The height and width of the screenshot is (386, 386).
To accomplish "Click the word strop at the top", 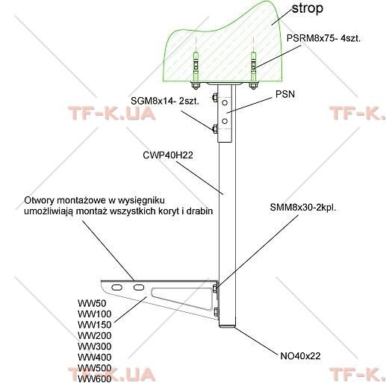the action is tap(308, 9).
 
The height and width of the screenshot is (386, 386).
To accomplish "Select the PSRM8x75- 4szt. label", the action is tap(323, 38).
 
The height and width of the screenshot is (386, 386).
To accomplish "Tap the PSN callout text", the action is tap(285, 94).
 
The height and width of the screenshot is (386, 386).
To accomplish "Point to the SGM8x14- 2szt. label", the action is tap(165, 101).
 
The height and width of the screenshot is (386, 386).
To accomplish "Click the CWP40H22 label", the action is tap(168, 155).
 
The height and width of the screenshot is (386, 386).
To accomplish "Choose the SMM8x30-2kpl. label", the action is tap(303, 208).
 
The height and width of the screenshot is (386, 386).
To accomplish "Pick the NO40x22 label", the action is tap(300, 356).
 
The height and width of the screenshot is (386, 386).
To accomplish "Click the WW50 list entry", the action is tap(92, 303).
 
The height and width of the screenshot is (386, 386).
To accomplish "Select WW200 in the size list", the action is tap(95, 336).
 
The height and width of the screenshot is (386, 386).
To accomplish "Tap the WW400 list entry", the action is tap(95, 357).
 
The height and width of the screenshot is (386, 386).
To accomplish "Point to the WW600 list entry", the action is tap(95, 379).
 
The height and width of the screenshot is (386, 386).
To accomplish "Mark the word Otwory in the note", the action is tap(39, 200).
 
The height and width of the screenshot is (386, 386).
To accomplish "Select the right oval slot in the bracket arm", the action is tap(139, 287).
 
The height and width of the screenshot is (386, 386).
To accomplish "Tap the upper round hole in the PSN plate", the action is tap(225, 102).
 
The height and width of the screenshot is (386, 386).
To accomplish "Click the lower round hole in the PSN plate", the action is tap(225, 121).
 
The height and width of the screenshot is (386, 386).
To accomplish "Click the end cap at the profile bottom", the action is tap(227, 326).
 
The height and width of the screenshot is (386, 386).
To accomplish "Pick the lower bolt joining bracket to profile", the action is tap(216, 313).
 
